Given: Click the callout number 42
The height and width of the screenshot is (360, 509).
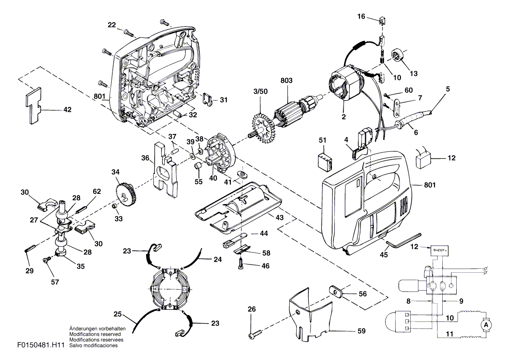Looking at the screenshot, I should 67,110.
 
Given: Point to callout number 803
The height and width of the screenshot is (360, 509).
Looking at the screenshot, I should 287,81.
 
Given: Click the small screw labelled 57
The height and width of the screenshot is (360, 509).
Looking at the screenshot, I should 45,260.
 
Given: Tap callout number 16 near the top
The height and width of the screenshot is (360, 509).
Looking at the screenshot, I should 361,16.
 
